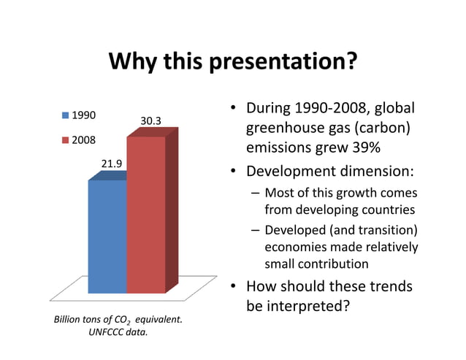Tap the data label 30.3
point(150,120)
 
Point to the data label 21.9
point(111,164)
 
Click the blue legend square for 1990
point(65,115)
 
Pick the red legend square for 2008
point(65,139)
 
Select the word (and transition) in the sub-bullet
point(376,231)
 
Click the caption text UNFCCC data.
point(118,332)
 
